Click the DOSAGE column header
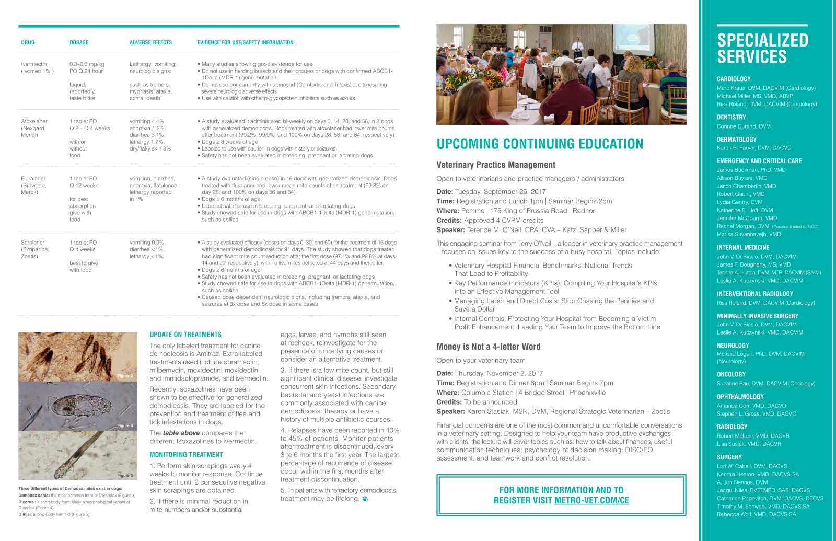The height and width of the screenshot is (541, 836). pyautogui.click(x=79, y=43)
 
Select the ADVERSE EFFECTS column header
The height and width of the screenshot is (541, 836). pyautogui.click(x=150, y=43)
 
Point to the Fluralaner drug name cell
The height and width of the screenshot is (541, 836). pyautogui.click(x=33, y=185)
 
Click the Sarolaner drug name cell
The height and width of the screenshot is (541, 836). pyautogui.click(x=34, y=249)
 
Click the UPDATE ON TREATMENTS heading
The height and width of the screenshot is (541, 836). pyautogui.click(x=185, y=335)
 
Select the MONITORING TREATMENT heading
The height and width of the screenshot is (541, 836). pyautogui.click(x=186, y=455)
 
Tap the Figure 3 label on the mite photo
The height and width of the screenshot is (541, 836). pyautogui.click(x=125, y=376)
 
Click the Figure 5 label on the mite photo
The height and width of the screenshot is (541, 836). pyautogui.click(x=125, y=475)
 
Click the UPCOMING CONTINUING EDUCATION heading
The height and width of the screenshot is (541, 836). pyautogui.click(x=540, y=144)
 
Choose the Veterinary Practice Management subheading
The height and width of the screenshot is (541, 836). pyautogui.click(x=496, y=165)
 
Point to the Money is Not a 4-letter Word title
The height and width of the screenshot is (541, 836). pyautogui.click(x=489, y=347)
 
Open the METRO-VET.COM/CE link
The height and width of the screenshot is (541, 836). pyautogui.click(x=591, y=500)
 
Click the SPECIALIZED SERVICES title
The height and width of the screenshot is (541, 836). pyautogui.click(x=762, y=48)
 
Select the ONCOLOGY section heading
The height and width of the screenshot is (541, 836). pyautogui.click(x=731, y=374)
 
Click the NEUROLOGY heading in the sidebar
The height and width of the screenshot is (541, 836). pyautogui.click(x=733, y=346)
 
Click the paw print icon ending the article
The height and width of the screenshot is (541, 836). pyautogui.click(x=365, y=499)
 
